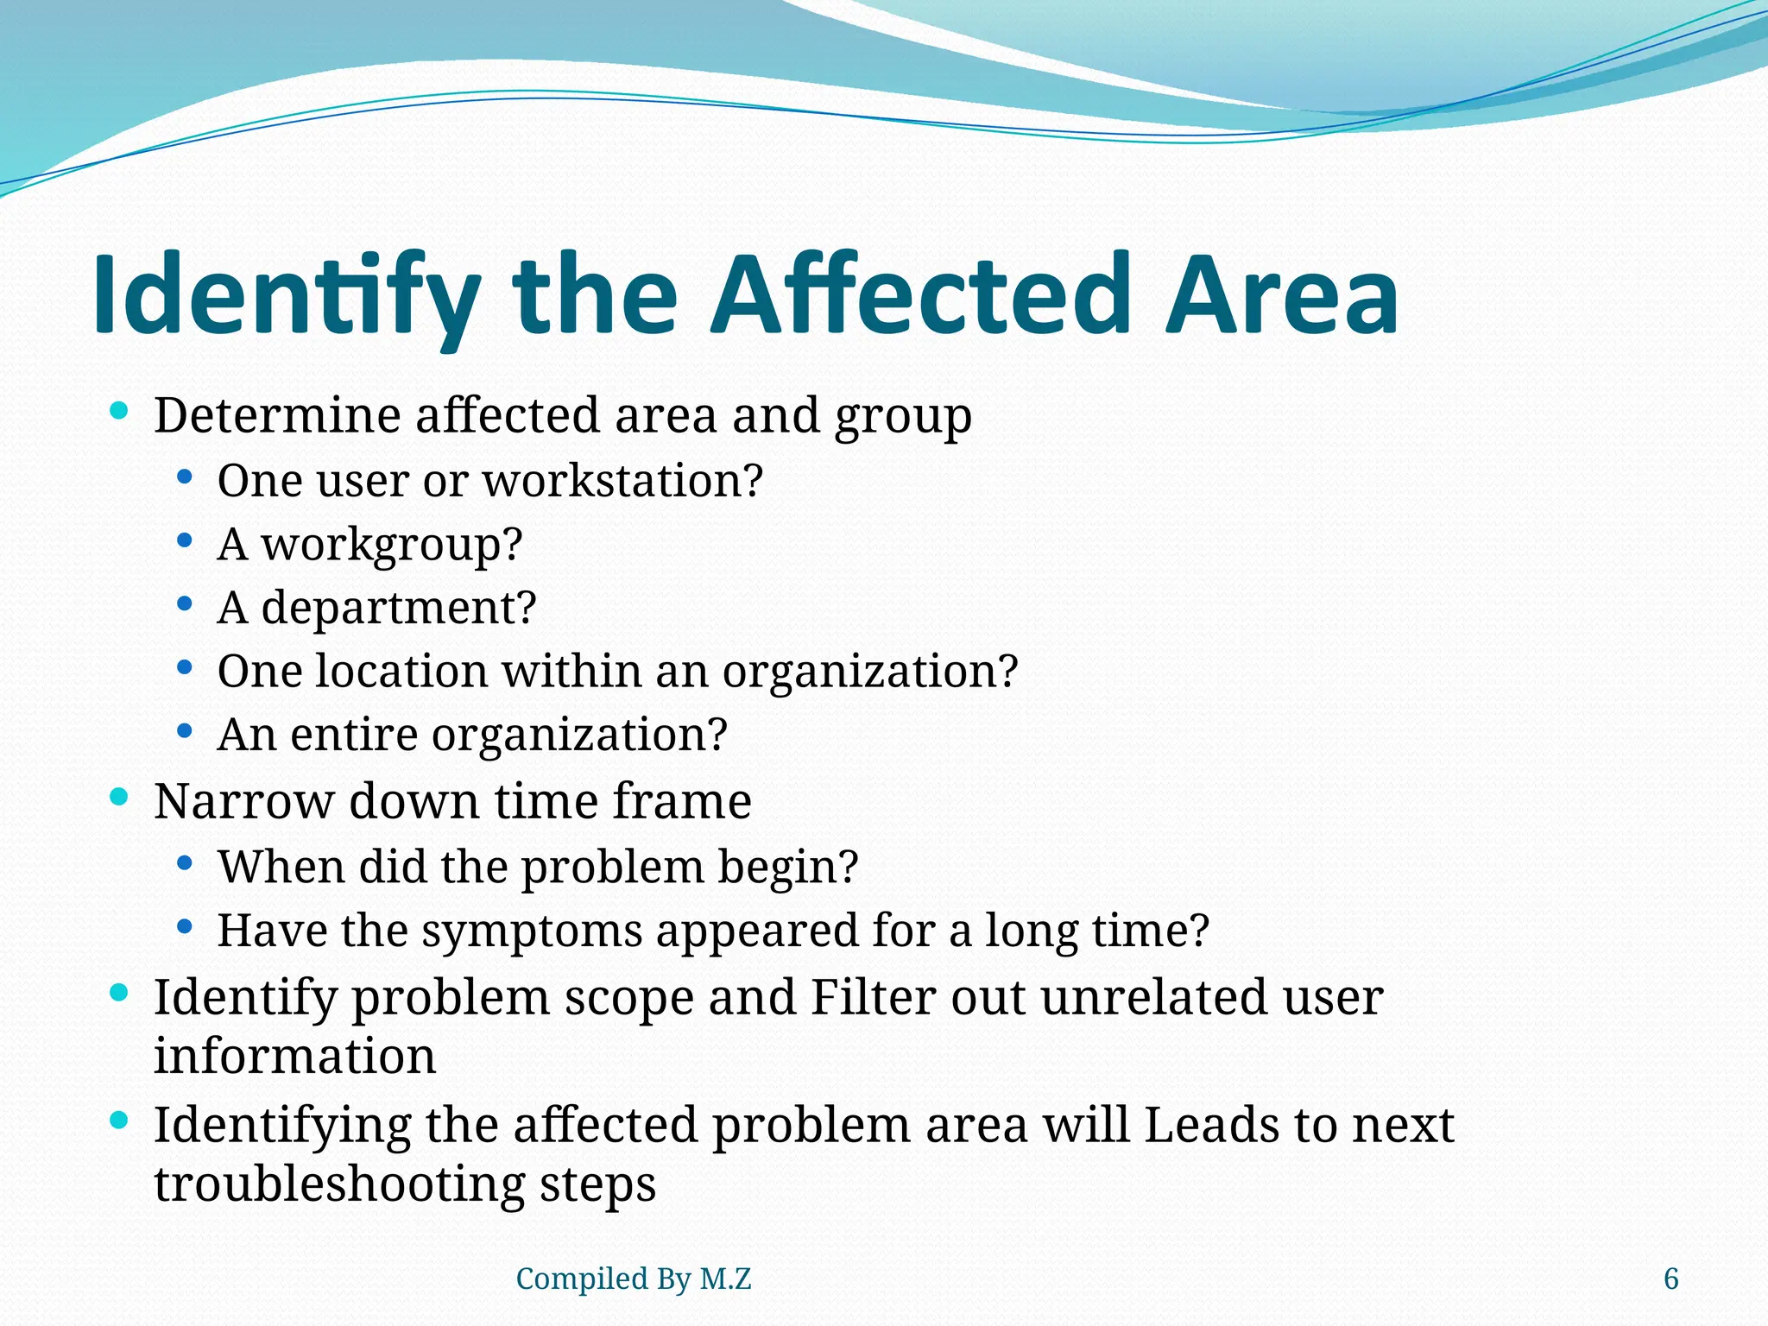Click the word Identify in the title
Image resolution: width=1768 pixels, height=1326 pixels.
coord(286,295)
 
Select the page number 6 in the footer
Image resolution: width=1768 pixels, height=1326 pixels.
coord(1671,1279)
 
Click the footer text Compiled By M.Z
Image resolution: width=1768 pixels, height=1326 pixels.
coord(634,1279)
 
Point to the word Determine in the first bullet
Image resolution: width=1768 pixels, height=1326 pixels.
coord(277,415)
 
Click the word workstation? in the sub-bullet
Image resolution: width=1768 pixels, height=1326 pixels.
coord(622,480)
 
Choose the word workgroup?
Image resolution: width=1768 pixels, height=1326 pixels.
coord(392,545)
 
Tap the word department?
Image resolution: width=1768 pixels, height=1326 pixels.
coord(398,608)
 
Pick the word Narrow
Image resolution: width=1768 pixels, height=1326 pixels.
coord(243,801)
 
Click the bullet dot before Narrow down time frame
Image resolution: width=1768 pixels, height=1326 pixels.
coord(120,797)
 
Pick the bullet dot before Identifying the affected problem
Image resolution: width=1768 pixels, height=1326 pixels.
coord(120,1121)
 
